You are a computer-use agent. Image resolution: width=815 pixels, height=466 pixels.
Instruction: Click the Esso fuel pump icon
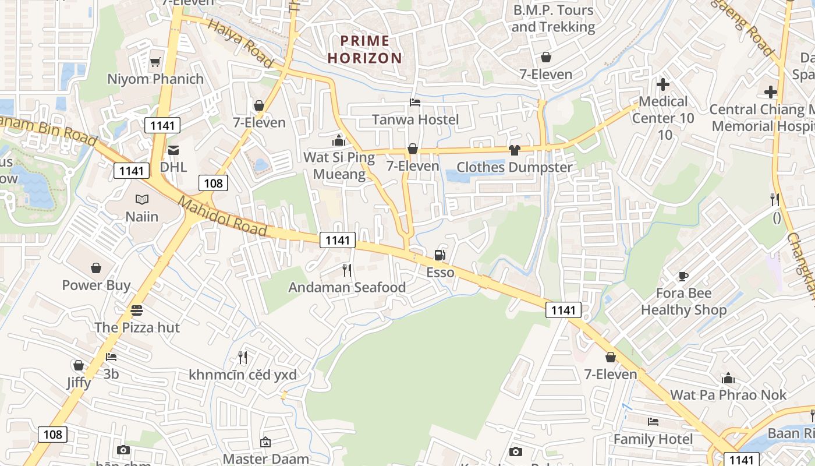[440, 255]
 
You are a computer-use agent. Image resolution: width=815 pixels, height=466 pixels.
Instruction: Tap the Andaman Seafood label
[347, 287]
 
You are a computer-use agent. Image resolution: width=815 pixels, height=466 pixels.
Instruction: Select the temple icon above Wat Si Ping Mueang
[338, 140]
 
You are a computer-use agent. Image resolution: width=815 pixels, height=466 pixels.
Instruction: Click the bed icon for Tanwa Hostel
[415, 103]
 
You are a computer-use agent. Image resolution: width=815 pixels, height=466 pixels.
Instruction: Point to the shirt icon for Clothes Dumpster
[514, 150]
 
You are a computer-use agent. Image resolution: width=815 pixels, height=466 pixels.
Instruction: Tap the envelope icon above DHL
[173, 150]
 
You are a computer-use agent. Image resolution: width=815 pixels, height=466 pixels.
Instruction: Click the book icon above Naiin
[142, 199]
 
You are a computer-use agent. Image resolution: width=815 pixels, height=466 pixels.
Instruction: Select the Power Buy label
[96, 285]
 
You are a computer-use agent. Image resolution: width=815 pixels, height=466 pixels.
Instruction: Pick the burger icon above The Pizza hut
[137, 310]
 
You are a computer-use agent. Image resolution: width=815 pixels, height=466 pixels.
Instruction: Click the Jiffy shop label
[79, 382]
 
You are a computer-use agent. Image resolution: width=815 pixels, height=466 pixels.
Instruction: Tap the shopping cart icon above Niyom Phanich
[155, 62]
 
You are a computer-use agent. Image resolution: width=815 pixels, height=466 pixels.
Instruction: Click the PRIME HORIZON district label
[365, 50]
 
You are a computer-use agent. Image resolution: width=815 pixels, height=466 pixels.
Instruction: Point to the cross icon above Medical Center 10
[662, 84]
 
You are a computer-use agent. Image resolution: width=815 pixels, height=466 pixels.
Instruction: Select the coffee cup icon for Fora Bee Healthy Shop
[683, 276]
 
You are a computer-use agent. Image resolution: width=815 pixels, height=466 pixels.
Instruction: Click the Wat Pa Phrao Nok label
[728, 395]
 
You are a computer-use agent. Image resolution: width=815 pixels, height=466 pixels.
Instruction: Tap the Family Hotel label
[653, 439]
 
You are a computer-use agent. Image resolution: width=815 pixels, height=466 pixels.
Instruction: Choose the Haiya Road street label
[240, 43]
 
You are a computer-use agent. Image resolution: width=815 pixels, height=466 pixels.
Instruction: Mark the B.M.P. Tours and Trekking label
[553, 19]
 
